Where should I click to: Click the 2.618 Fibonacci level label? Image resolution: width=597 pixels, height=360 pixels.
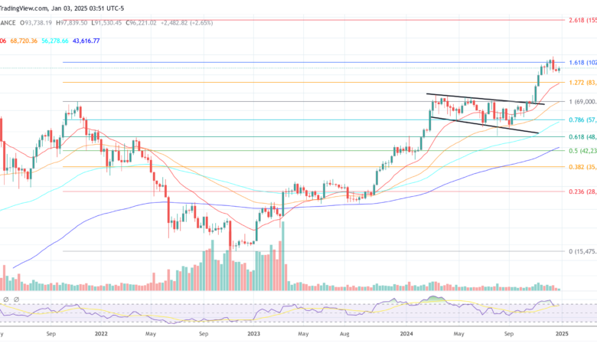point(582,20)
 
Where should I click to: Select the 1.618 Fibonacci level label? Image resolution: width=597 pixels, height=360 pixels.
point(582,62)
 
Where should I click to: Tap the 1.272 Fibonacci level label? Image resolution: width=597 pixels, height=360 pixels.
point(582,82)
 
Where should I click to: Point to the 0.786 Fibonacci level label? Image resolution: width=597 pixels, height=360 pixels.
point(582,119)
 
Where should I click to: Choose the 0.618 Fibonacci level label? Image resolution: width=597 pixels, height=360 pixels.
point(582,136)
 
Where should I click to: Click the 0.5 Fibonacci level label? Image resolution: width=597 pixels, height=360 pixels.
point(582,151)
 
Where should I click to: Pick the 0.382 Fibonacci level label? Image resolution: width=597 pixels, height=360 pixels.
point(582,166)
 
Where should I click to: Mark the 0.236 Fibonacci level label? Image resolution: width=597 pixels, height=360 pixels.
point(582,191)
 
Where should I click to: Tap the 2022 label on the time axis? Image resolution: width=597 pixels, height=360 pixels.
point(101,334)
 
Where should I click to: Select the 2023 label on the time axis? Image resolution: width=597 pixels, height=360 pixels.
point(253,334)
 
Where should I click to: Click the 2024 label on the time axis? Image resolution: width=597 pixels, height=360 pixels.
point(406,334)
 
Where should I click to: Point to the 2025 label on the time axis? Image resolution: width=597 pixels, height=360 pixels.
point(561,334)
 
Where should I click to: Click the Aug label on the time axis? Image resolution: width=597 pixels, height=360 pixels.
point(345,334)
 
